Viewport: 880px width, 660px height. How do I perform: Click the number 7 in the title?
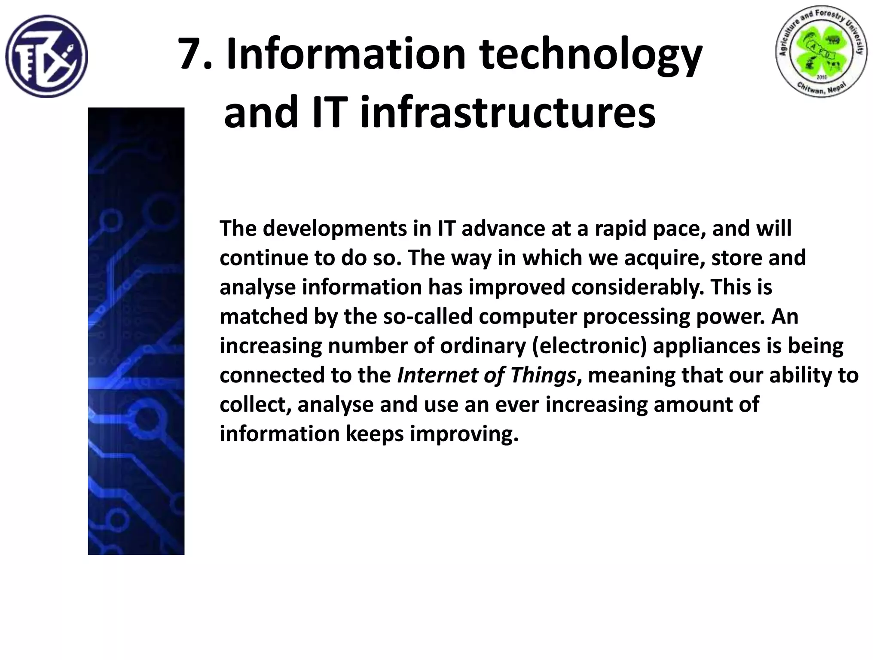click(190, 55)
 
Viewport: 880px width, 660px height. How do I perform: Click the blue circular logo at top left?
click(46, 56)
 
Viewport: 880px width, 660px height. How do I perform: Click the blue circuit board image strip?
click(136, 331)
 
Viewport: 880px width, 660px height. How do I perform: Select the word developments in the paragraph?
click(335, 229)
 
